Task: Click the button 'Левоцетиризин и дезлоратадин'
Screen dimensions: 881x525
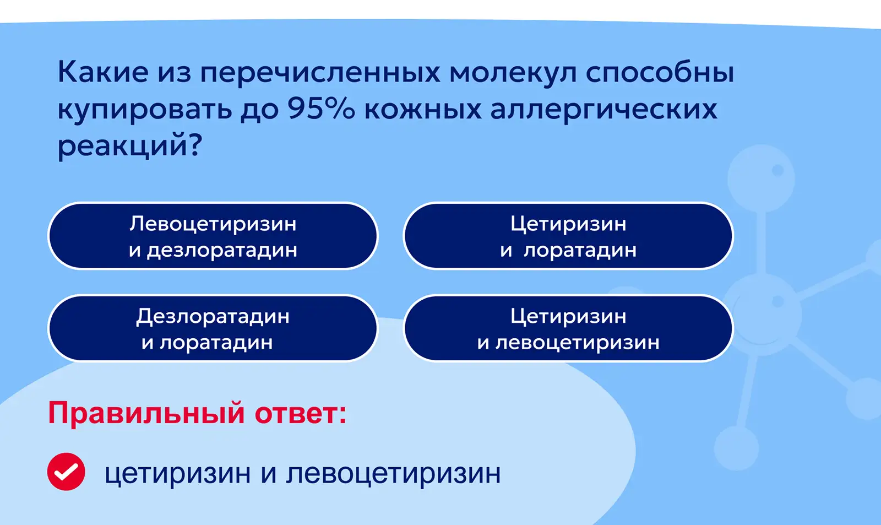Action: coord(213,236)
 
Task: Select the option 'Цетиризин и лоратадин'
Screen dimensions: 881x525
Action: coord(568,236)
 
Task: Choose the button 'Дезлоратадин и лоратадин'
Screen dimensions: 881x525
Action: coord(213,328)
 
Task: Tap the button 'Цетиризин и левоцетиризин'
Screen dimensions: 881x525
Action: coord(568,328)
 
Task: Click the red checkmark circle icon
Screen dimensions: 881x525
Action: coord(66,472)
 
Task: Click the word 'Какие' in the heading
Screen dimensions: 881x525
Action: coord(103,72)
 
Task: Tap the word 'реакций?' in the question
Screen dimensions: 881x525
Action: coord(130,145)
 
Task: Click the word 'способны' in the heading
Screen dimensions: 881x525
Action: coord(660,72)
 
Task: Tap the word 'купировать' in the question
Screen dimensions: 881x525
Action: coord(145,110)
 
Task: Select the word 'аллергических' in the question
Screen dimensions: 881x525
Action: coord(603,110)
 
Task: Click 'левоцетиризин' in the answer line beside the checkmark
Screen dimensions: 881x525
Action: coord(393,474)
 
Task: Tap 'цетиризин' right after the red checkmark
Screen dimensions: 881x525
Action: coord(177,474)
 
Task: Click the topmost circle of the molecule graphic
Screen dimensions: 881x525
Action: coord(761,178)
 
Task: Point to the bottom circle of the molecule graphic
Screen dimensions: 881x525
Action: coord(736,448)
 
